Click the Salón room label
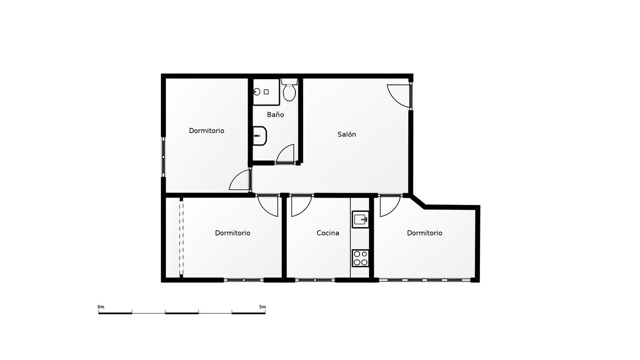346,134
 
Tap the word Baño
276,115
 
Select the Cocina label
328,233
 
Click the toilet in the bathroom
289,90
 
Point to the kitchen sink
360,219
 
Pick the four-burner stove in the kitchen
360,258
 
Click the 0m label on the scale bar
101,307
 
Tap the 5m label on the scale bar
262,307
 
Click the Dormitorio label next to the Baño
207,131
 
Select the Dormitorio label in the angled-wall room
425,233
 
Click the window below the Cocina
315,280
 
